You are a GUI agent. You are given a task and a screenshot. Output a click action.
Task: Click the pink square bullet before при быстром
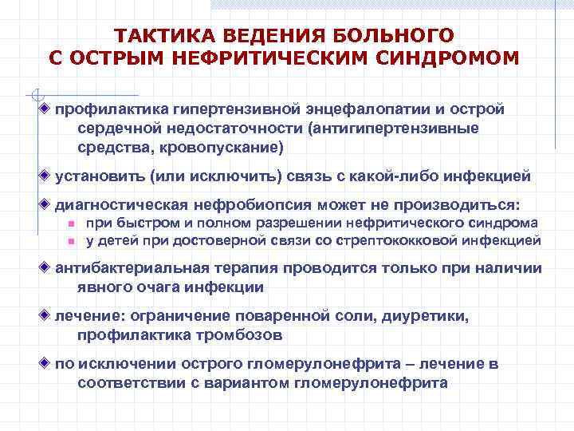71,224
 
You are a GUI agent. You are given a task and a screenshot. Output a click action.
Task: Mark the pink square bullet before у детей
71,240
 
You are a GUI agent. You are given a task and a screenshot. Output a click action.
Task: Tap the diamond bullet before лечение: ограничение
45,316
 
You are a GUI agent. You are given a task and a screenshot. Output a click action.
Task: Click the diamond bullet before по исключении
45,364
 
